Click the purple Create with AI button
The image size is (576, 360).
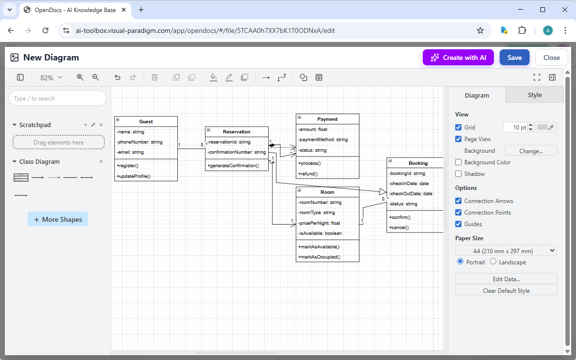[x=458, y=58]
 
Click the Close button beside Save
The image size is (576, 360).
[x=551, y=58]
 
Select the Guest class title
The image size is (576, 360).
[x=146, y=121]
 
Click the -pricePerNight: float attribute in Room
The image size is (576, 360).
[x=319, y=223]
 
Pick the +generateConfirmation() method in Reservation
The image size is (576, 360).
[x=233, y=166]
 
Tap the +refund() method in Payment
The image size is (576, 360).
[x=308, y=173]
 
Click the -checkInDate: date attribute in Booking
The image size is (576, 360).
[x=408, y=184]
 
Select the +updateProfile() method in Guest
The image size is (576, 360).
[x=133, y=176]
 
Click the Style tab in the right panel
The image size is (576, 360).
[x=534, y=95]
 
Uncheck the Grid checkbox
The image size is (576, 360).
[x=459, y=128]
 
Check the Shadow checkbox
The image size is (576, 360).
[x=459, y=174]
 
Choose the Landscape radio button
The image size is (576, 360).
[x=493, y=261]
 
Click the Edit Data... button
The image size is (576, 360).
[x=506, y=279]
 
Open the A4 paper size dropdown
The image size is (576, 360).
[x=506, y=251]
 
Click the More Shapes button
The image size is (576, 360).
[x=58, y=219]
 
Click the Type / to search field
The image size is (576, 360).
[x=58, y=99]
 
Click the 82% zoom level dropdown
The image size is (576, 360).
[x=51, y=77]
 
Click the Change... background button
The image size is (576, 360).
[x=531, y=151]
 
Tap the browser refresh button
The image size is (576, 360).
[x=45, y=30]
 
